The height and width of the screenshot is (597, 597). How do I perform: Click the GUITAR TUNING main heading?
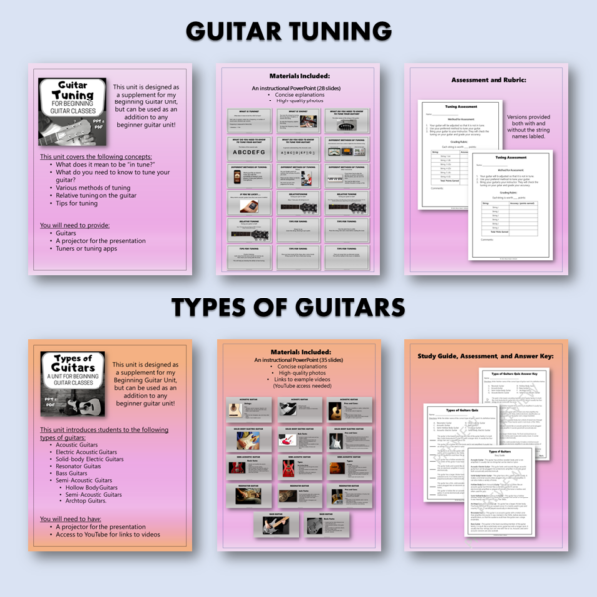coord(298,31)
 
